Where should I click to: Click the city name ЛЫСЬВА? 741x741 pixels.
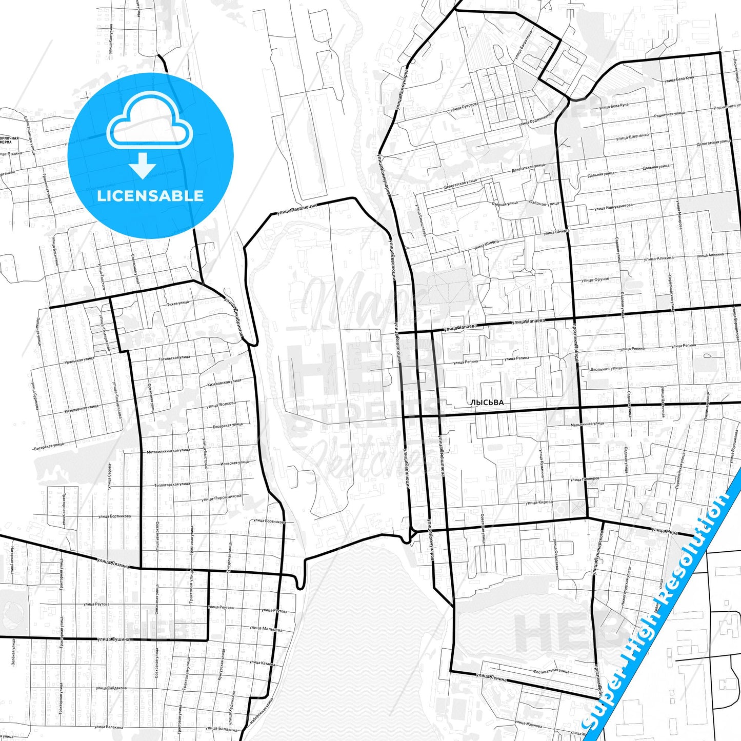(487, 403)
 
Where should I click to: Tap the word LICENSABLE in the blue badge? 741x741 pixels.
(150, 195)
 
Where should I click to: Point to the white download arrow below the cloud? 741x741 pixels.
(143, 165)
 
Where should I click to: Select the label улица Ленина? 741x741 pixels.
(491, 678)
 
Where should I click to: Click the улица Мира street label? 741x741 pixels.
(664, 531)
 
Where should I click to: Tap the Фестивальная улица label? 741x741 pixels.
(551, 671)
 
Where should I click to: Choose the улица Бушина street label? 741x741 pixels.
(113, 639)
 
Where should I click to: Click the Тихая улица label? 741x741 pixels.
(178, 303)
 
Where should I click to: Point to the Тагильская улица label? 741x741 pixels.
(174, 358)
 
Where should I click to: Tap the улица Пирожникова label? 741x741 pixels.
(221, 497)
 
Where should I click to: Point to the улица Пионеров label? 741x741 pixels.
(585, 479)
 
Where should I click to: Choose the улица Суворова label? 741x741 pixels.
(465, 106)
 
